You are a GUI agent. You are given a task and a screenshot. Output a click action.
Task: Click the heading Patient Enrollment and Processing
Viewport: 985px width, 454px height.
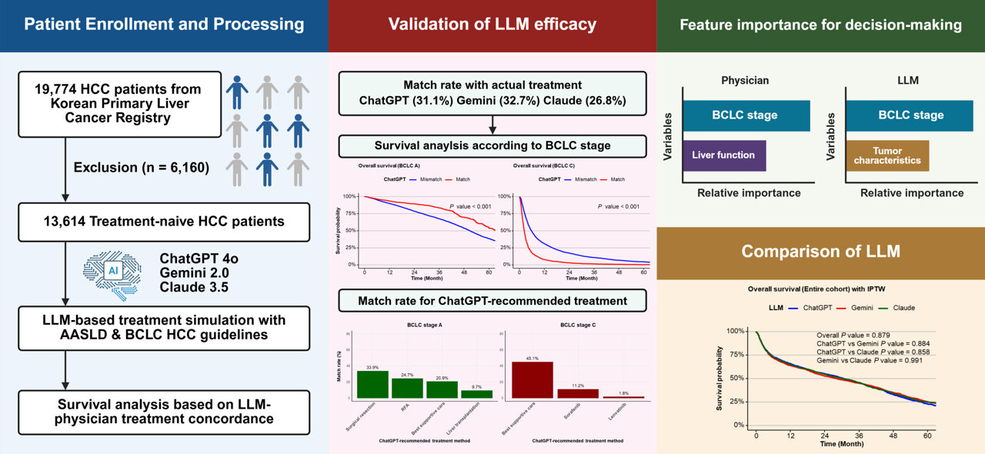(x=164, y=25)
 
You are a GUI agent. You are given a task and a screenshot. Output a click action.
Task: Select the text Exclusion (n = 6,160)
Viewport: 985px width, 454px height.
(x=142, y=166)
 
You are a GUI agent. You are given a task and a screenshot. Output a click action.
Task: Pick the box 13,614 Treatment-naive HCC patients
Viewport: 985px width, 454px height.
(x=164, y=222)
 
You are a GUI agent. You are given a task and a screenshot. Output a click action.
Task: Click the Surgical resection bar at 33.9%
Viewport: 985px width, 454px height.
(x=372, y=383)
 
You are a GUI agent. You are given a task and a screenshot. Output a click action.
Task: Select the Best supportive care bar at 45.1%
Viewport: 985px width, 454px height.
(x=533, y=379)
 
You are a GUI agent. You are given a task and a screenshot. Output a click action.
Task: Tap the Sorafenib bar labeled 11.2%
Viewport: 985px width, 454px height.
(x=578, y=392)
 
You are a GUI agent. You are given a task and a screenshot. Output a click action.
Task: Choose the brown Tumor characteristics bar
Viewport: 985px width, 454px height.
(x=887, y=155)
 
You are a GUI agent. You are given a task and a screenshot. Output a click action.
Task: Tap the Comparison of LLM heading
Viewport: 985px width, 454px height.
(x=820, y=252)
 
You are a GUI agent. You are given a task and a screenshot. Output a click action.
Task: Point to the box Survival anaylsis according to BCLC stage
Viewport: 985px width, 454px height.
(x=492, y=145)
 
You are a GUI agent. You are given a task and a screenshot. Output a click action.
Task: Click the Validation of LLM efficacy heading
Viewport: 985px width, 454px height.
(x=492, y=25)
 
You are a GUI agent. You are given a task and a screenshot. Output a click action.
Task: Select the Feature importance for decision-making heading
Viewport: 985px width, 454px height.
(x=820, y=25)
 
